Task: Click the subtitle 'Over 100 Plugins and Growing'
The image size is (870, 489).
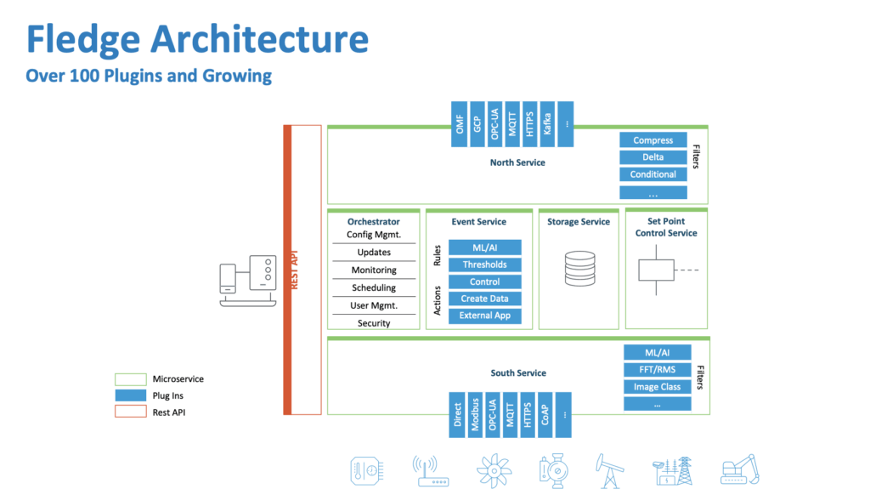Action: coord(149,76)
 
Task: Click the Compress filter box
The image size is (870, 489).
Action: coord(652,140)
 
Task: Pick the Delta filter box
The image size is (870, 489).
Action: coord(652,157)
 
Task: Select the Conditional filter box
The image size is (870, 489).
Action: coord(652,174)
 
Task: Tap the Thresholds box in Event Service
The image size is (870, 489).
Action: coord(484,264)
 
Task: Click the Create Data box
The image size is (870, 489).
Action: coord(484,299)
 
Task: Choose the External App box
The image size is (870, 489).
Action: coord(484,316)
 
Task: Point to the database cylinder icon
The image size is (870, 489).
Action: coord(579,268)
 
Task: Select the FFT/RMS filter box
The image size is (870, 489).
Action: coord(658,370)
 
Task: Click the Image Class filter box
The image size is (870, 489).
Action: coord(658,387)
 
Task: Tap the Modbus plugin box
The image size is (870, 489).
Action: coord(476,415)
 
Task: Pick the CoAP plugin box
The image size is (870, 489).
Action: coord(546,415)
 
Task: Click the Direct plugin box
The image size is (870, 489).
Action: coord(458,415)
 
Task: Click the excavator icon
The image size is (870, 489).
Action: coord(738,470)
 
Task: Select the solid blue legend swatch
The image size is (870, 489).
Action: coord(132,395)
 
